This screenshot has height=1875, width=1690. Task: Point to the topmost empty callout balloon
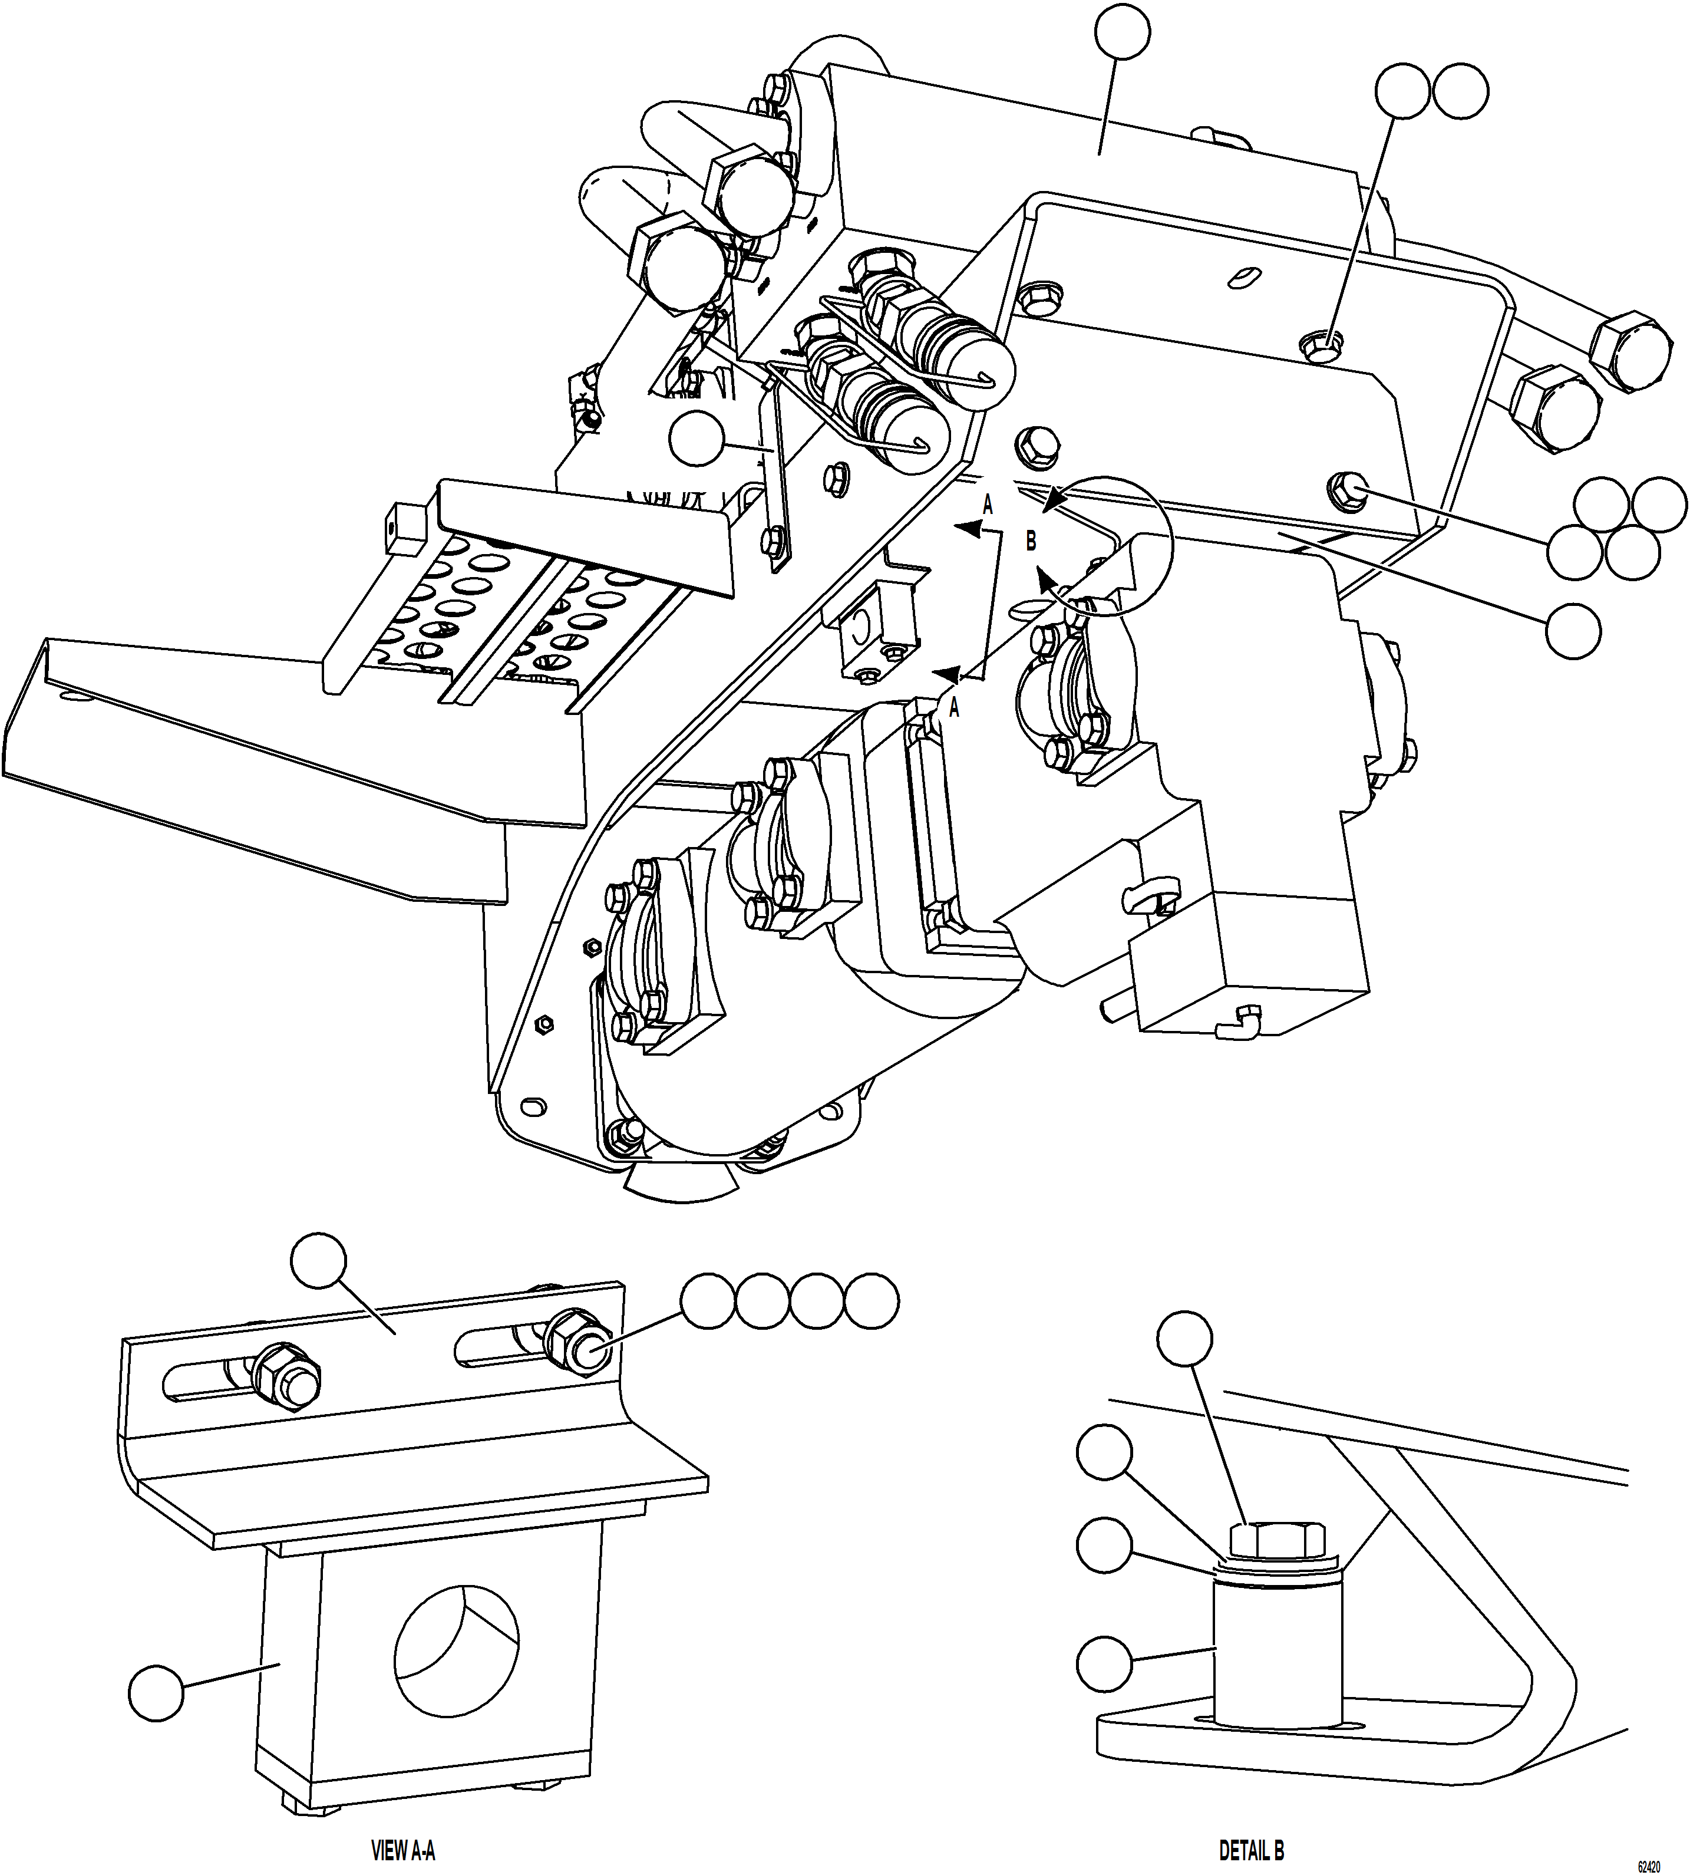[1123, 32]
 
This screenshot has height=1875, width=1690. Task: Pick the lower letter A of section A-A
[953, 708]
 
